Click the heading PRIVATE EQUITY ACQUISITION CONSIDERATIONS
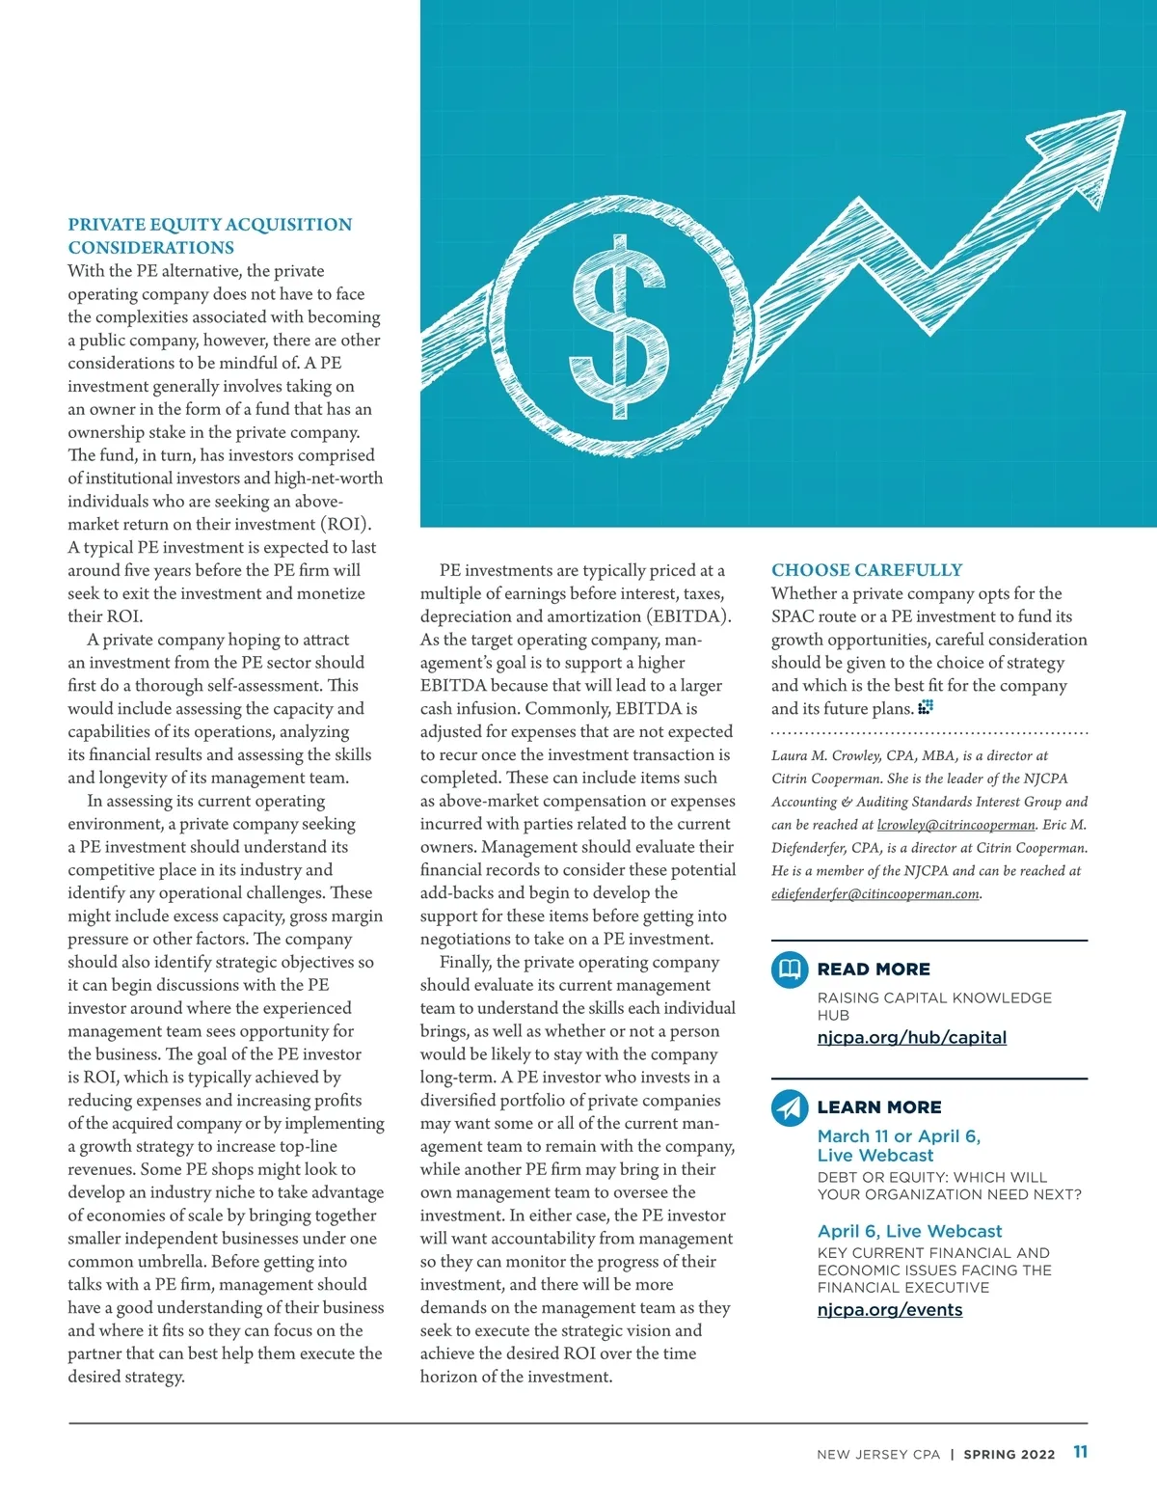[209, 236]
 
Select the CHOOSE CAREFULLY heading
[866, 570]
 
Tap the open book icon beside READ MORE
[790, 969]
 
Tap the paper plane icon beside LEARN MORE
[790, 1107]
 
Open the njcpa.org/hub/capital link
[911, 1038]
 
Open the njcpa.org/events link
[889, 1310]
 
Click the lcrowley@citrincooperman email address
[955, 825]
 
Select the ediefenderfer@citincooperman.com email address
[874, 894]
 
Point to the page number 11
[1080, 1452]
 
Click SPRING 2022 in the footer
[1009, 1455]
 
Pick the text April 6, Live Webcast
[909, 1232]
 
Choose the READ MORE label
[874, 970]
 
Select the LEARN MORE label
[879, 1107]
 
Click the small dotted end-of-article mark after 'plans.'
[926, 708]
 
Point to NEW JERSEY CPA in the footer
[877, 1455]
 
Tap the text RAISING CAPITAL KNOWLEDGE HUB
[933, 1006]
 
